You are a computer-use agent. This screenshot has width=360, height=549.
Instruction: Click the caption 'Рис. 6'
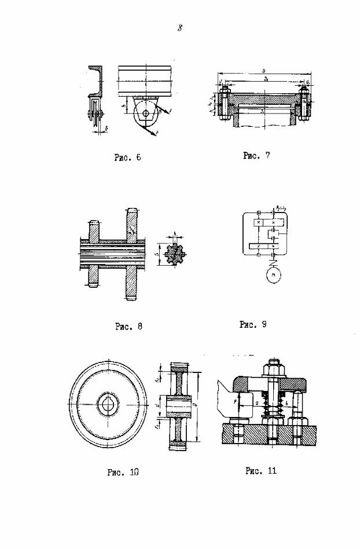coord(128,158)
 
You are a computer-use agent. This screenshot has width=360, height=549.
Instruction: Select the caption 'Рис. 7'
coord(256,155)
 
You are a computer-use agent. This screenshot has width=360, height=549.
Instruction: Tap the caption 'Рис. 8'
coord(128,326)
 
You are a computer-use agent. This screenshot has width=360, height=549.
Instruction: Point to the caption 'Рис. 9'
coord(253,324)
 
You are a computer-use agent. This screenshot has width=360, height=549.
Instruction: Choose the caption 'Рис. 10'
coord(123,472)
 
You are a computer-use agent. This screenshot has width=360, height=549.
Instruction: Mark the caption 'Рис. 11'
coord(261,470)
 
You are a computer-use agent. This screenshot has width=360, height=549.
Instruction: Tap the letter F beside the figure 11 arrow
coord(234,401)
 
